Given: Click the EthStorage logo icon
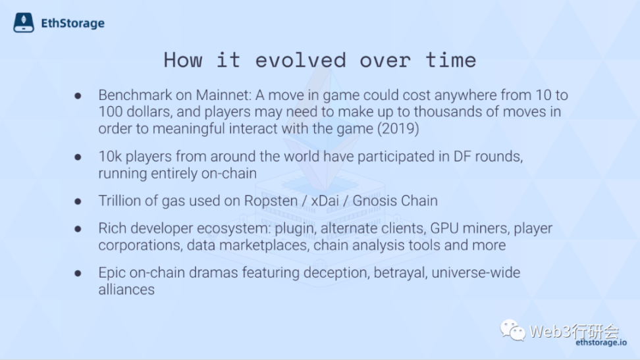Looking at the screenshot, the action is pos(24,22).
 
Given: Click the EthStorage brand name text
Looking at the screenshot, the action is pos(72,23).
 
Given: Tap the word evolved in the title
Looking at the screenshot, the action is pos(301,61).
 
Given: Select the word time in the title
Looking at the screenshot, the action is pos(451,61).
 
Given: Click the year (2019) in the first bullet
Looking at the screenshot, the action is pos(398,128).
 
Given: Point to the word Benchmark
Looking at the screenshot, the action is pos(135,95).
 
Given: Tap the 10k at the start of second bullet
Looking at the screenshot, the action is pos(110,157).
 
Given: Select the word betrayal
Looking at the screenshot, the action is pos(400,272).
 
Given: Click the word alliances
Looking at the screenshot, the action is pos(126,290).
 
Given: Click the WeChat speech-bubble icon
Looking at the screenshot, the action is pos(513,330).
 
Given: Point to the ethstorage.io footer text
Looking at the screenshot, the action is pos(601,342).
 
